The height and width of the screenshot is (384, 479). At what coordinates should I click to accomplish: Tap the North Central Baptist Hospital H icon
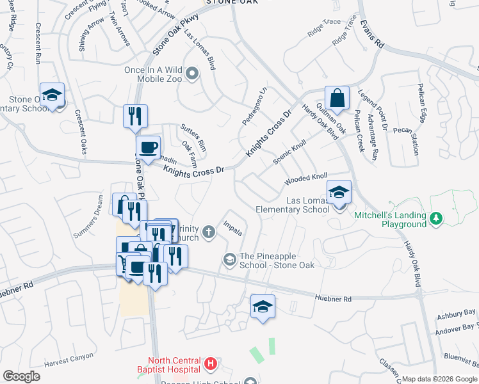pyautogui.click(x=210, y=365)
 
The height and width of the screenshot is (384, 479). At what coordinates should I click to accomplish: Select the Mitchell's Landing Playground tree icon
pyautogui.click(x=436, y=219)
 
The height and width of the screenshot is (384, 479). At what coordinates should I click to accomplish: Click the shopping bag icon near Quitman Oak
pyautogui.click(x=336, y=99)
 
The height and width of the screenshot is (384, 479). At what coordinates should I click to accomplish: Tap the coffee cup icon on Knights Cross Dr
pyautogui.click(x=148, y=148)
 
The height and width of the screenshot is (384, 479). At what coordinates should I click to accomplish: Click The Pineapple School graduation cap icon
pyautogui.click(x=229, y=259)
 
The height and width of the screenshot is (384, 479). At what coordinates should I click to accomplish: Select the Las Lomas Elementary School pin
pyautogui.click(x=339, y=191)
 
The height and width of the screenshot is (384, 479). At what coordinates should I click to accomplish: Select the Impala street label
pyautogui.click(x=232, y=228)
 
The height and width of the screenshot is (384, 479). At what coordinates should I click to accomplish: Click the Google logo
pyautogui.click(x=21, y=376)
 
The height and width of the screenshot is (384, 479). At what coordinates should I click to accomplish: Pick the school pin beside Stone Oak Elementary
pyautogui.click(x=52, y=96)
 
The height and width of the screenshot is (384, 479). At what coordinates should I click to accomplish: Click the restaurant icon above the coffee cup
pyautogui.click(x=135, y=116)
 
